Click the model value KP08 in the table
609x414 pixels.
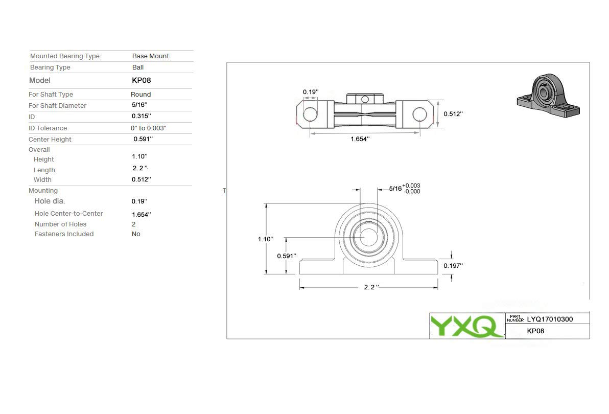point(142,80)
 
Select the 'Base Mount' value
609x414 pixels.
point(150,56)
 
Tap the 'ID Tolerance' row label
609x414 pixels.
point(48,128)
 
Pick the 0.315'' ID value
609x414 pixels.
point(142,116)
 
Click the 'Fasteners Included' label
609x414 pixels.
point(64,234)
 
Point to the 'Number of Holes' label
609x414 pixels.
point(61,224)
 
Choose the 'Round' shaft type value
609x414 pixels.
point(140,95)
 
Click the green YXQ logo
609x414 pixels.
point(466,326)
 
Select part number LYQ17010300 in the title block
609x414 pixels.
point(550,319)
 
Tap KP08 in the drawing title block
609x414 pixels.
point(535,331)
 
